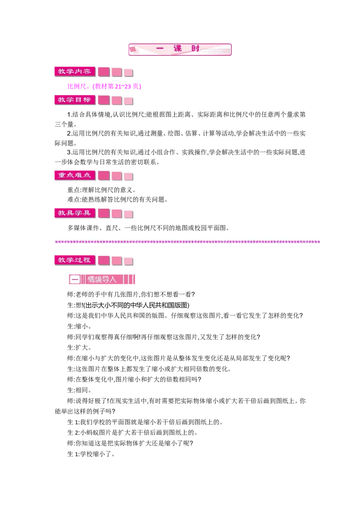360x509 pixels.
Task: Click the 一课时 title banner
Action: tap(180, 49)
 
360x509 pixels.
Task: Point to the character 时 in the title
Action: tap(195, 49)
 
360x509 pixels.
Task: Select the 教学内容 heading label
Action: tap(74, 72)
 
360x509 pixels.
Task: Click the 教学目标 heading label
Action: tap(74, 100)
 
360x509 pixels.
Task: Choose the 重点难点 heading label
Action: tap(74, 175)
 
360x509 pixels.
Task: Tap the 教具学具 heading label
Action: tap(74, 213)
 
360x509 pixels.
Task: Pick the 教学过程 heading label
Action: tap(74, 260)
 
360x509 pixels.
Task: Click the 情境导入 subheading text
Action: tap(102, 280)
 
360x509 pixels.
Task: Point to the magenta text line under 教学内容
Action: tap(104, 86)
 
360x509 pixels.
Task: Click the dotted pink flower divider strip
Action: tap(188, 241)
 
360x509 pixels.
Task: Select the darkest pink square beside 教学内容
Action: tap(104, 72)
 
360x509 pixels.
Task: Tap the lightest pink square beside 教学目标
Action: tap(129, 101)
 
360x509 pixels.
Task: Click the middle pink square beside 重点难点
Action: tap(117, 176)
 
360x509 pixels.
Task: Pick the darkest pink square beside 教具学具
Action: tap(104, 213)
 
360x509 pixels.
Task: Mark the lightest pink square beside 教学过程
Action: tap(129, 261)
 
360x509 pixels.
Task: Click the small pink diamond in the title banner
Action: tap(133, 49)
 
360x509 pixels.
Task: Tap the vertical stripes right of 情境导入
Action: tap(129, 280)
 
